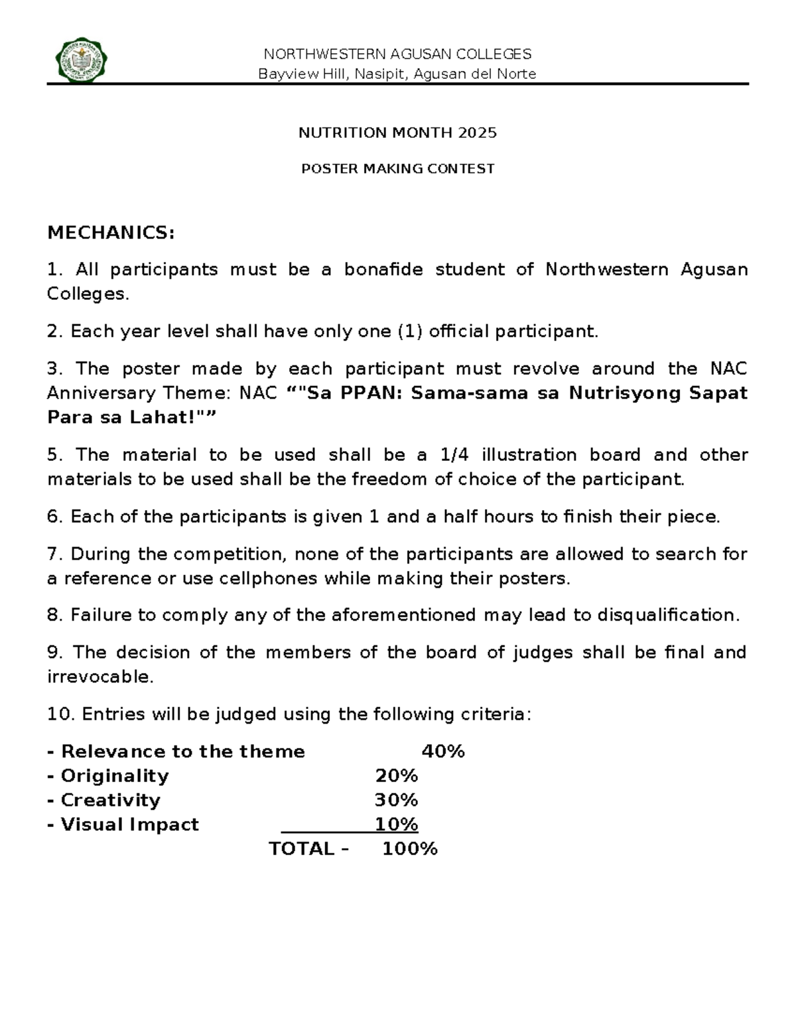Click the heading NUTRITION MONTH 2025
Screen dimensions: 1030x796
397,133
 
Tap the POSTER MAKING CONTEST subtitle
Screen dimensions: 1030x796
397,168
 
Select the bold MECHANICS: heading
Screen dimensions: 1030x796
111,233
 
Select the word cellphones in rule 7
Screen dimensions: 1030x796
273,579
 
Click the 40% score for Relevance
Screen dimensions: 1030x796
443,751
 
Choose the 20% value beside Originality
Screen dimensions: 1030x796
396,776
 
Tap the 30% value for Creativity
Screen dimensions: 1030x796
396,801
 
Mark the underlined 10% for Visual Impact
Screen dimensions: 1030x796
396,825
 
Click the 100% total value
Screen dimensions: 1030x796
409,850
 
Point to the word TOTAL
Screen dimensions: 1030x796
301,850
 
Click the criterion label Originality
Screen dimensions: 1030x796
115,776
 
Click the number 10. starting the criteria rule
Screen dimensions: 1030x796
61,714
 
